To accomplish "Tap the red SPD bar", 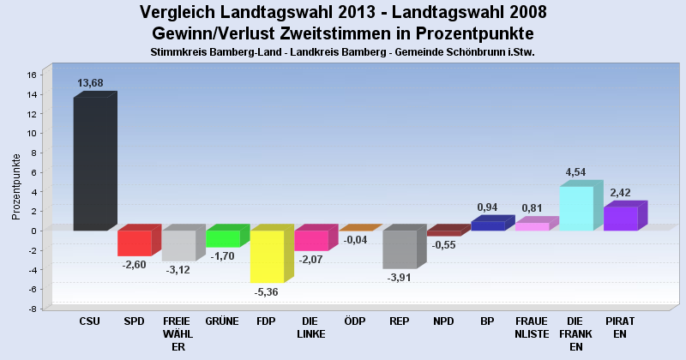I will point(134,243).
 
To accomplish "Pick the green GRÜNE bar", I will point(222,238).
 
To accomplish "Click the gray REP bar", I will point(399,249).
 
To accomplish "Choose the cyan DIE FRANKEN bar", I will point(575,208).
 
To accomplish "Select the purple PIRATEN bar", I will point(620,218).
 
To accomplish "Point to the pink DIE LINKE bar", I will point(310,240).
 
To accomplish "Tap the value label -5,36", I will point(267,292).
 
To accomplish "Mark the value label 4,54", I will point(575,172).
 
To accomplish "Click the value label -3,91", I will point(400,278).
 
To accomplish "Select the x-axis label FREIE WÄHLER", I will point(178,333).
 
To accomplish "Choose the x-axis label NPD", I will point(443,321).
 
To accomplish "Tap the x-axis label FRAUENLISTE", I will point(532,327).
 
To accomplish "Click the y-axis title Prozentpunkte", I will point(16,187).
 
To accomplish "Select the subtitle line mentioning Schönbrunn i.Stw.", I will point(342,52).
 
